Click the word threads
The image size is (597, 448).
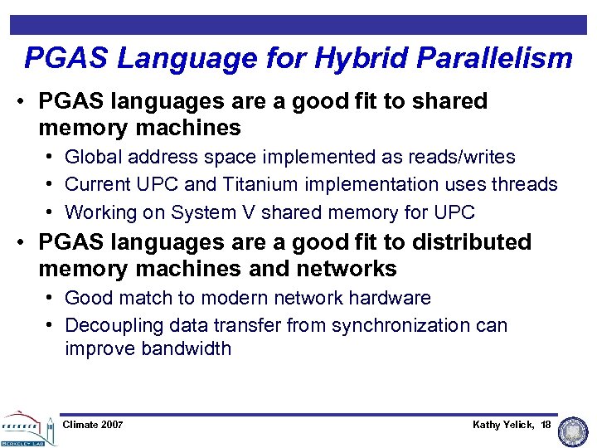(523, 184)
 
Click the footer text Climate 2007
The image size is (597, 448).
(93, 425)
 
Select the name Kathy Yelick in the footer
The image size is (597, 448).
(503, 425)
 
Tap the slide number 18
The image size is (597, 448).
(546, 425)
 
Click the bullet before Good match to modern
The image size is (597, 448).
(51, 298)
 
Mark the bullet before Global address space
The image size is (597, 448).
(51, 157)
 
